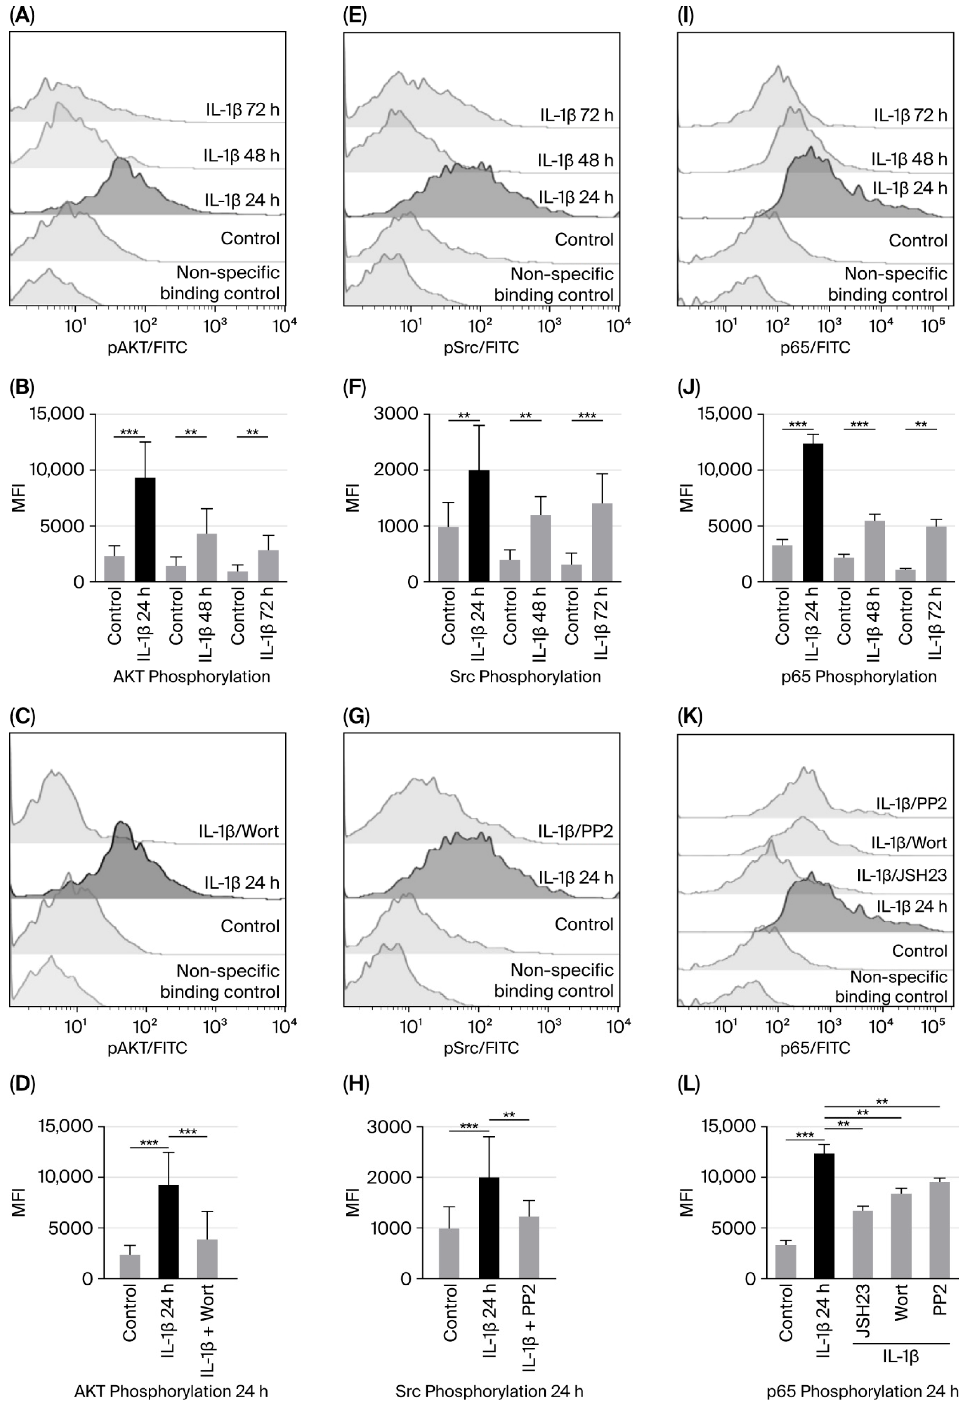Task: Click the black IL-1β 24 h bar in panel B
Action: pyautogui.click(x=145, y=529)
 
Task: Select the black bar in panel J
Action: pyautogui.click(x=813, y=512)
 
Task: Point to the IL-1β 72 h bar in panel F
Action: pyautogui.click(x=602, y=542)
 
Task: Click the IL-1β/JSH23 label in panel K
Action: pyautogui.click(x=901, y=875)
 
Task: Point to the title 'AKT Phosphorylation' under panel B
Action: pyautogui.click(x=192, y=677)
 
